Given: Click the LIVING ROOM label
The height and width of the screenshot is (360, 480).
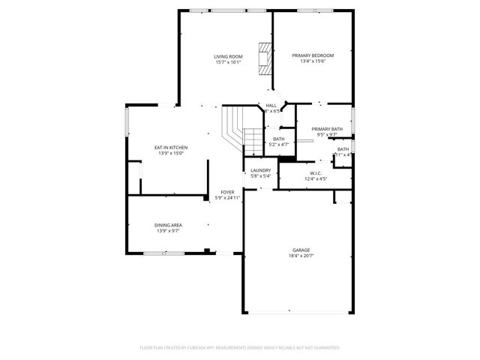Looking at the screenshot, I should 228,56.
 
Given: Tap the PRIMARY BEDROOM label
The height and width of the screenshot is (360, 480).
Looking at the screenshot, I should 313,56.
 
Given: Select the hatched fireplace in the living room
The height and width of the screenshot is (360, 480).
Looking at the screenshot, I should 264,57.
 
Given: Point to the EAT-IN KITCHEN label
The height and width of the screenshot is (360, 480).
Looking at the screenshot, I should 171,148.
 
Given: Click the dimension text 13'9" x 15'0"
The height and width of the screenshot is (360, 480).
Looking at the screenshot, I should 171,154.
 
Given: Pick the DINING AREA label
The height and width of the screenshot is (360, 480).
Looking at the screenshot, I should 169,225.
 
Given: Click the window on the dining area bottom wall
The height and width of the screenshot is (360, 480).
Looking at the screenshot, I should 163,253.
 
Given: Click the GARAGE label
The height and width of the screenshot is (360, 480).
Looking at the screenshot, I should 301,250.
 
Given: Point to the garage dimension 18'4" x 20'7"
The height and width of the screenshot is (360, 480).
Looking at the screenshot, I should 301,256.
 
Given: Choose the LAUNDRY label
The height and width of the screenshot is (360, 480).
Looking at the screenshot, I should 260,170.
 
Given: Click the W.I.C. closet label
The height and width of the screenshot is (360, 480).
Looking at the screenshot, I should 305,172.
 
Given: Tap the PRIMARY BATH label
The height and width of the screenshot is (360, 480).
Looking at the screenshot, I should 327,129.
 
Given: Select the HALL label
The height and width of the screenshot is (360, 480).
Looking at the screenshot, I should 271,105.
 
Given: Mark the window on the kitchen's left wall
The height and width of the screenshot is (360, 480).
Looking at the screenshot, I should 126,120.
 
